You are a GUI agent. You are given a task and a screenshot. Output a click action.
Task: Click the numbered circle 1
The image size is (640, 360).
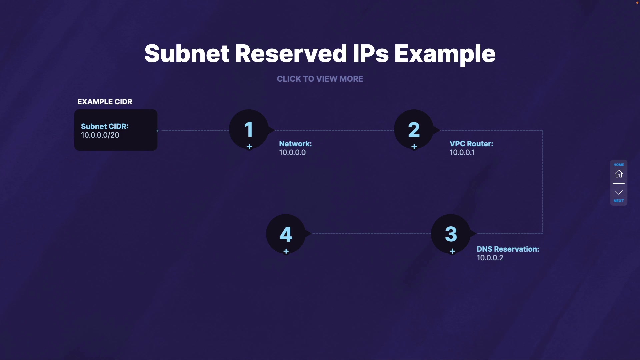click(249, 129)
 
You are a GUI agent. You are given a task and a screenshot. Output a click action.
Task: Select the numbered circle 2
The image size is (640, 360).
click(414, 129)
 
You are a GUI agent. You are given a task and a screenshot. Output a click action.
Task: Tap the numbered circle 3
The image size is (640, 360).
click(451, 234)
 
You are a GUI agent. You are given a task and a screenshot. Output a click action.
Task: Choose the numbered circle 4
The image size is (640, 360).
click(286, 234)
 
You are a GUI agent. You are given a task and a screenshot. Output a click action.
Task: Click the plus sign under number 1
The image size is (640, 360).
click(249, 147)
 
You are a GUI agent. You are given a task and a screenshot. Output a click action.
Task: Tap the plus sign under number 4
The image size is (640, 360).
click(286, 251)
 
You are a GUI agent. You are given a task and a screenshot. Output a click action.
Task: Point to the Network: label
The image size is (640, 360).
click(295, 144)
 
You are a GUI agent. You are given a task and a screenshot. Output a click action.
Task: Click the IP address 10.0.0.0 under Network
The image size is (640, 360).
click(292, 153)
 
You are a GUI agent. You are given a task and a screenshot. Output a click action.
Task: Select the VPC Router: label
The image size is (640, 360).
click(471, 144)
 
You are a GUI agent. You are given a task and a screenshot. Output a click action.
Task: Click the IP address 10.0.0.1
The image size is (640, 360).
click(462, 153)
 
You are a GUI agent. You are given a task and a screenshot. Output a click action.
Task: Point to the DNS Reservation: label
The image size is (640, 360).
click(508, 249)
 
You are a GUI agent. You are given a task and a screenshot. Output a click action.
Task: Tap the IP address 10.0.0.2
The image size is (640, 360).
click(490, 258)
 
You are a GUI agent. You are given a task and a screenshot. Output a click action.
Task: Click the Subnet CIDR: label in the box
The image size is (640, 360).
click(105, 126)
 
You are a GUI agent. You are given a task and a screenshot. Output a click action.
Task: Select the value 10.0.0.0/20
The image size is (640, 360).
click(100, 135)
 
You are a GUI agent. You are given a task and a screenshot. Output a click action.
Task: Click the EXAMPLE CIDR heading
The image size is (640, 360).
click(105, 102)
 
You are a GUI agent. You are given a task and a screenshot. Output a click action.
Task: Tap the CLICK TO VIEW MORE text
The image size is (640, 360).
click(320, 79)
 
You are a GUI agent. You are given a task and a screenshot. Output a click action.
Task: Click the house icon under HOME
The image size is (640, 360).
click(619, 174)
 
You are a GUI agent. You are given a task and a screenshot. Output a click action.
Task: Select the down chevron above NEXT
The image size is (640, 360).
click(619, 192)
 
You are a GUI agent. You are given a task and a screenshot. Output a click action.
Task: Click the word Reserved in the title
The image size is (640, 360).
click(291, 54)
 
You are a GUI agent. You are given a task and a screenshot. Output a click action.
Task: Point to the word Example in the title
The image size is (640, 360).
click(445, 54)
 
